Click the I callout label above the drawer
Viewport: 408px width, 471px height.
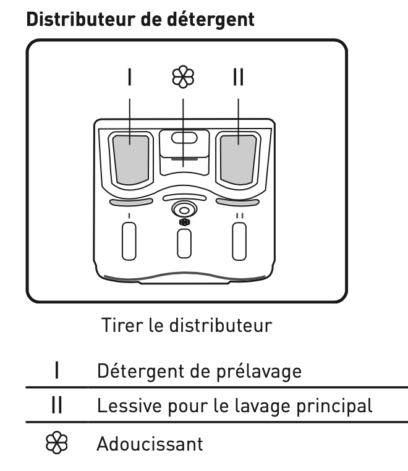pos(130,78)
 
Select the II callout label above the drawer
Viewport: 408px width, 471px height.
pos(238,78)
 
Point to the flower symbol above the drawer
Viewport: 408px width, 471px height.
pos(184,78)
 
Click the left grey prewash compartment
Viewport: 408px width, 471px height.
pos(130,158)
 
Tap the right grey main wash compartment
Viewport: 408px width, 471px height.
pos(238,158)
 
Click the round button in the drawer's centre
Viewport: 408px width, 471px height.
pos(184,209)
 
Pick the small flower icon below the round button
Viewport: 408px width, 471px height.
pos(184,222)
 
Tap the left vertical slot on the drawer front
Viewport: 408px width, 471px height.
pos(129,240)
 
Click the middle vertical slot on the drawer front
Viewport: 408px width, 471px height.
pos(184,243)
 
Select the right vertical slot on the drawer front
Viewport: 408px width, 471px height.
pos(239,240)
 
